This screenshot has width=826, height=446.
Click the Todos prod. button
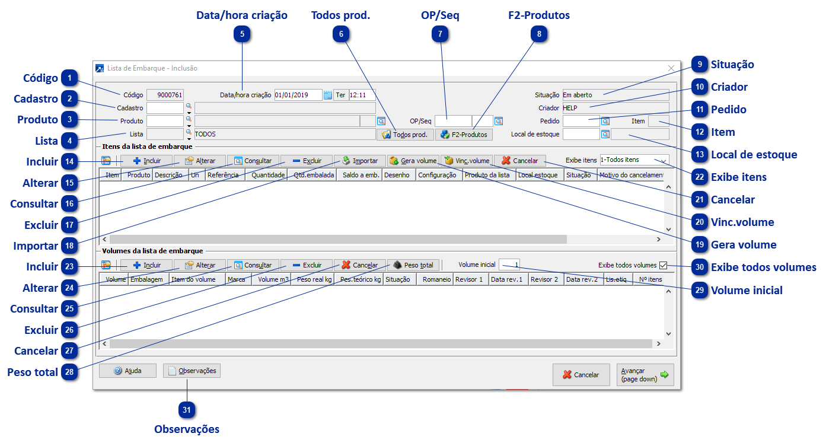[404, 135]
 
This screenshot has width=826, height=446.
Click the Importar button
[360, 161]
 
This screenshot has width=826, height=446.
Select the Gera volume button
[413, 161]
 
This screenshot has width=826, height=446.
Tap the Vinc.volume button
[467, 161]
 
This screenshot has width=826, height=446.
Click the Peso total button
[413, 265]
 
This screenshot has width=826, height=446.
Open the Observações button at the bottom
[192, 371]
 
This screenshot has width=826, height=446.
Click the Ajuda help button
[127, 371]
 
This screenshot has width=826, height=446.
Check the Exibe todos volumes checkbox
[664, 265]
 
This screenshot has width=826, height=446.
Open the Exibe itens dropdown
[634, 160]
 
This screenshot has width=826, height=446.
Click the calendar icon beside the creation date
[327, 95]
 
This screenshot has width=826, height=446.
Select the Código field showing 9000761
[165, 95]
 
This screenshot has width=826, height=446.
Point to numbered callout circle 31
[187, 410]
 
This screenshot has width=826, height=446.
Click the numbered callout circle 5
[242, 34]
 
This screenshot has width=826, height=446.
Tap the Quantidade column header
[268, 176]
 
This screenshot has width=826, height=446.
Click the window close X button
[671, 68]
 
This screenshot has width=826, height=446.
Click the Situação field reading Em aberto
[615, 95]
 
